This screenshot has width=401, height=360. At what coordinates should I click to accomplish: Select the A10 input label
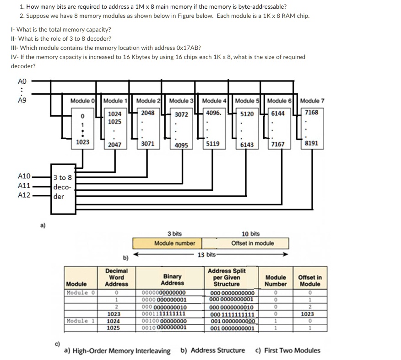[24, 176]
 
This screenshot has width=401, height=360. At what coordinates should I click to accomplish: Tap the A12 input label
[24, 195]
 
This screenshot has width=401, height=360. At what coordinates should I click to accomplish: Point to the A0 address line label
[22, 81]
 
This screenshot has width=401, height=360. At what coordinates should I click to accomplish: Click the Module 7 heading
[312, 101]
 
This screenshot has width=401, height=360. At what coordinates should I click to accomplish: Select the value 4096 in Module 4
[213, 113]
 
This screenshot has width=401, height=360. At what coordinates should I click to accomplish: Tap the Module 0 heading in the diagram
[83, 101]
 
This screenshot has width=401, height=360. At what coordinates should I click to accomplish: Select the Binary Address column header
[173, 279]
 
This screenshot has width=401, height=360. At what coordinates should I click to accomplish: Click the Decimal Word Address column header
[116, 277]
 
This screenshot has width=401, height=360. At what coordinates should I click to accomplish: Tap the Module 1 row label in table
[80, 321]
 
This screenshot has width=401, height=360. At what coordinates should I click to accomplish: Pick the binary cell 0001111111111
[163, 314]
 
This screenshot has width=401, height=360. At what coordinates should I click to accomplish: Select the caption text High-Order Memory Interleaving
[120, 351]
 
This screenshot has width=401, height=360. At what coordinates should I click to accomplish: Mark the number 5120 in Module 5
[247, 114]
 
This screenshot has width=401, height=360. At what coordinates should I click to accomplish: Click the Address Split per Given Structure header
[227, 277]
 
